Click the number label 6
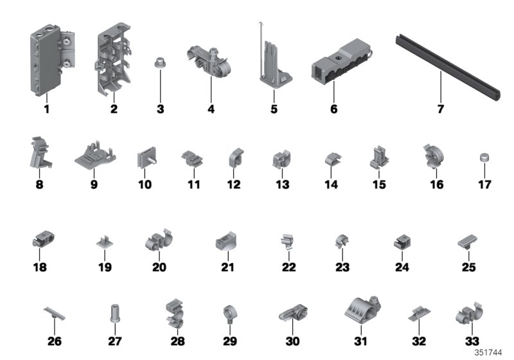333,109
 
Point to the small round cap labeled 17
484,157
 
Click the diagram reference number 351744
488,353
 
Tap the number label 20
159,267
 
